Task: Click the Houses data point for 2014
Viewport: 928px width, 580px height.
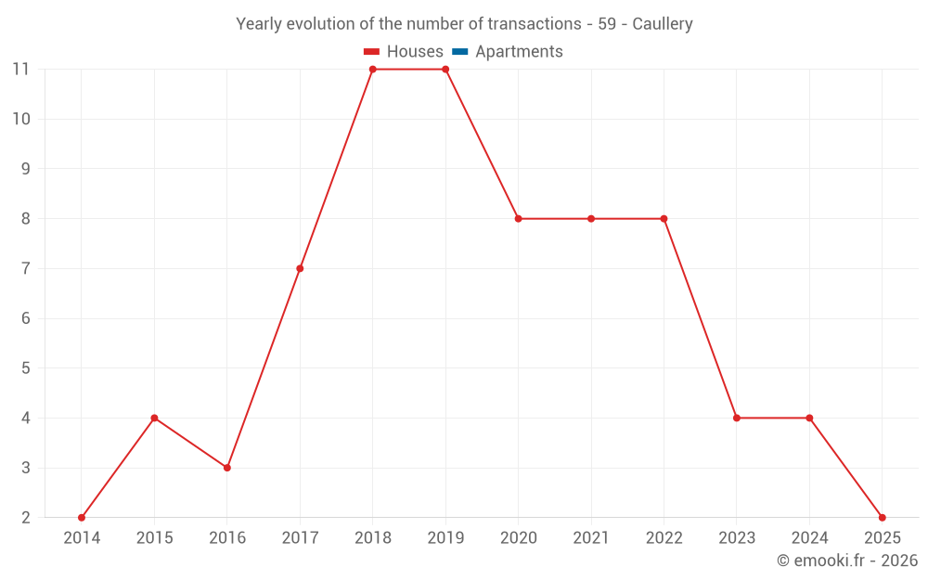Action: [x=82, y=518]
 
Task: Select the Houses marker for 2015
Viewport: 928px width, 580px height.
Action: [x=154, y=418]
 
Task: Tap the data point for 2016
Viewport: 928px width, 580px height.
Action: [x=227, y=468]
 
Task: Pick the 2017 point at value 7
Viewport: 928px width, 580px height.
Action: [x=300, y=268]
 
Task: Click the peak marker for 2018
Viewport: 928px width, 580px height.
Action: [x=373, y=69]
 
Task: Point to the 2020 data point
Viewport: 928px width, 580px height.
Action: [x=518, y=219]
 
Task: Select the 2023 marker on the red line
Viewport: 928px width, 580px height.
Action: [x=737, y=418]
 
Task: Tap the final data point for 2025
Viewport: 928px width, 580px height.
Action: [x=883, y=518]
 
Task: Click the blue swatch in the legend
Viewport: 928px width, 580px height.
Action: [x=460, y=52]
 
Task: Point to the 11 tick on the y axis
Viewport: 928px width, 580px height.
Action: [x=20, y=69]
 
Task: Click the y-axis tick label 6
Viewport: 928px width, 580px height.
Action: [x=25, y=318]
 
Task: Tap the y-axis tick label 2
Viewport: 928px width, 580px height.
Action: [x=25, y=518]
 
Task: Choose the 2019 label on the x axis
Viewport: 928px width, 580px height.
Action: [x=445, y=538]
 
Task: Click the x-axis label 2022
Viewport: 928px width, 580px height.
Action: [x=664, y=538]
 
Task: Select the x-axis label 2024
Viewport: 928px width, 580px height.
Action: [x=809, y=538]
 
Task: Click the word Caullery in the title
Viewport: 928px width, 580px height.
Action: [x=663, y=24]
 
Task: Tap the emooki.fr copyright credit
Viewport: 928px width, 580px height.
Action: [x=847, y=561]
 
